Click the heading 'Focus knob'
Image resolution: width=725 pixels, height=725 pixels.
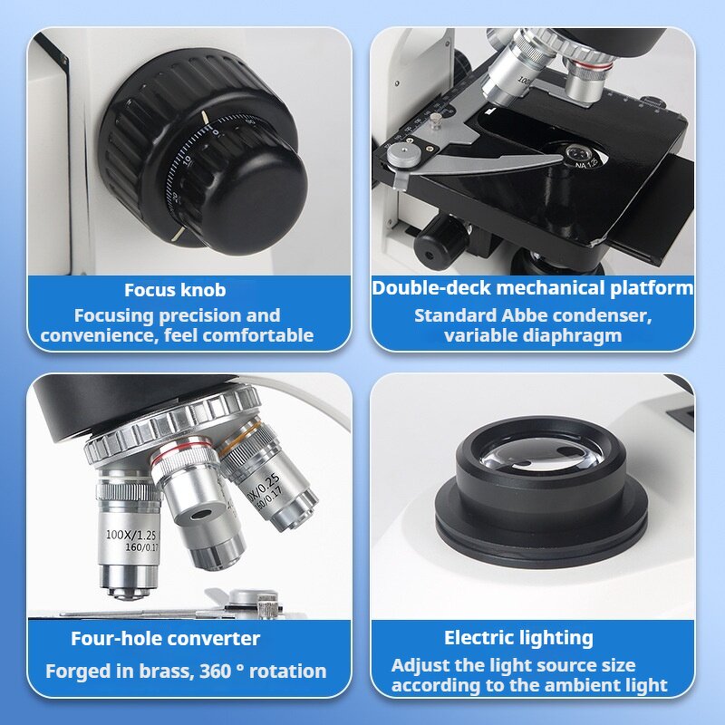click(x=175, y=290)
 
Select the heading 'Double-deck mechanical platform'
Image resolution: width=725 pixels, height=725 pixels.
click(x=533, y=288)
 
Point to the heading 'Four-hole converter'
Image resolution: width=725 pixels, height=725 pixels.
click(x=165, y=638)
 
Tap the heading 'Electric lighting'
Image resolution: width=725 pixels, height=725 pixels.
click(x=518, y=638)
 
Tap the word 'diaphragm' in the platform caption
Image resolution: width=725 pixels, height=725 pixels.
click(x=576, y=335)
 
